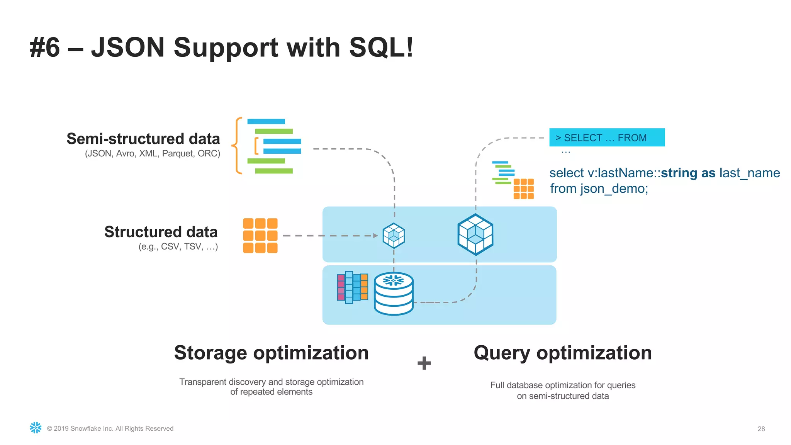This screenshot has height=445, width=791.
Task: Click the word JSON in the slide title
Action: coord(128,48)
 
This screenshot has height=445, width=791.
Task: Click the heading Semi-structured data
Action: coord(143,139)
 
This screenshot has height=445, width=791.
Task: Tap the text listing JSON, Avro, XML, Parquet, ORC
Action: coord(153,154)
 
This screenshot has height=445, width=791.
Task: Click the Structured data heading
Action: coord(161,232)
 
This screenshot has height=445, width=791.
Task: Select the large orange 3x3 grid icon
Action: coord(260,236)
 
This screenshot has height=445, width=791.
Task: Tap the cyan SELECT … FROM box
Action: coord(607,138)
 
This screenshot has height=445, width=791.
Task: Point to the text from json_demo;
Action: coord(599,189)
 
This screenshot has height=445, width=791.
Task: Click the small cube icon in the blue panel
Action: coord(394,235)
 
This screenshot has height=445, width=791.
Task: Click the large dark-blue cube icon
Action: coord(475,234)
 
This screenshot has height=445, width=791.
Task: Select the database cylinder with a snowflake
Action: coord(394,294)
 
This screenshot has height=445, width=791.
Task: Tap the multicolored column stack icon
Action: coord(352,287)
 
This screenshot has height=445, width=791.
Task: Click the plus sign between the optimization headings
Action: coord(424,363)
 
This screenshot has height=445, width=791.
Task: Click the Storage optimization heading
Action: coord(271,353)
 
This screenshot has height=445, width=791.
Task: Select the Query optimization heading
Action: coord(563,353)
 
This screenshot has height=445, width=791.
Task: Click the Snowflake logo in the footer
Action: coord(36,428)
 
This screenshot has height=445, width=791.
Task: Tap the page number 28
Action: coord(761,429)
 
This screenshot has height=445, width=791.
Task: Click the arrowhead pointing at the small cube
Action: coord(375,236)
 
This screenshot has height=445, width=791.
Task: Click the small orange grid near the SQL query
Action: coord(523,189)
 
